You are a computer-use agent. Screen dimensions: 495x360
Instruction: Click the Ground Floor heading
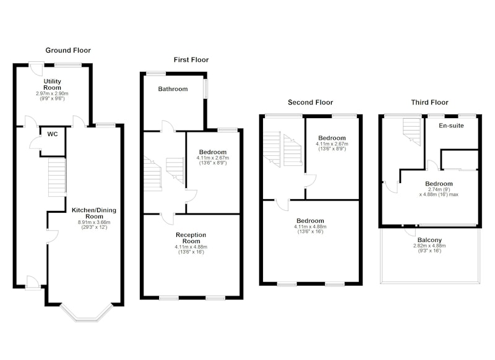[68, 50]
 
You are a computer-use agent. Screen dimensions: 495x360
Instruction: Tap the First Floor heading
[191, 59]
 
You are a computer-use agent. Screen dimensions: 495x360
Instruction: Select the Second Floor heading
[311, 102]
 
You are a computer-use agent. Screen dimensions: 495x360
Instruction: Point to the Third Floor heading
[429, 102]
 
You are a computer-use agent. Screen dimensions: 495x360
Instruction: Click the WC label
[53, 134]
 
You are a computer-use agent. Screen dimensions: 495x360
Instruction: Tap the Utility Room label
[52, 85]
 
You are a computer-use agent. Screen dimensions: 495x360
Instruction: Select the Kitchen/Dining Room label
[94, 213]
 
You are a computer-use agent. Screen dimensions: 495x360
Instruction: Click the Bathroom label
[173, 89]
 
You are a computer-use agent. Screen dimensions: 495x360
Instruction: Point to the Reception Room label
[191, 238]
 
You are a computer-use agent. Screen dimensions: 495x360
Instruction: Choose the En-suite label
[451, 126]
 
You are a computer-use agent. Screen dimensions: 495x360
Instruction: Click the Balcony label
[429, 240]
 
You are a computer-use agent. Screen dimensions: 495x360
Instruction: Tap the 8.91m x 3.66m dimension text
[94, 222]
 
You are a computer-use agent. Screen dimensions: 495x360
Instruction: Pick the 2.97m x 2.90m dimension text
[52, 93]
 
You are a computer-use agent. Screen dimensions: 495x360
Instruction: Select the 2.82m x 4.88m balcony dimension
[429, 246]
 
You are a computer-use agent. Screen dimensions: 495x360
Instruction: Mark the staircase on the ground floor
[57, 177]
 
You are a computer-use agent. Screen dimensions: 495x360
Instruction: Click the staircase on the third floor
[412, 132]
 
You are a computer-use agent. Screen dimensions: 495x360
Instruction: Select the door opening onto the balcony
[410, 231]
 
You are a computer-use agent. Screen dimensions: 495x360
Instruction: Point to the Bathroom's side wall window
[205, 88]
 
